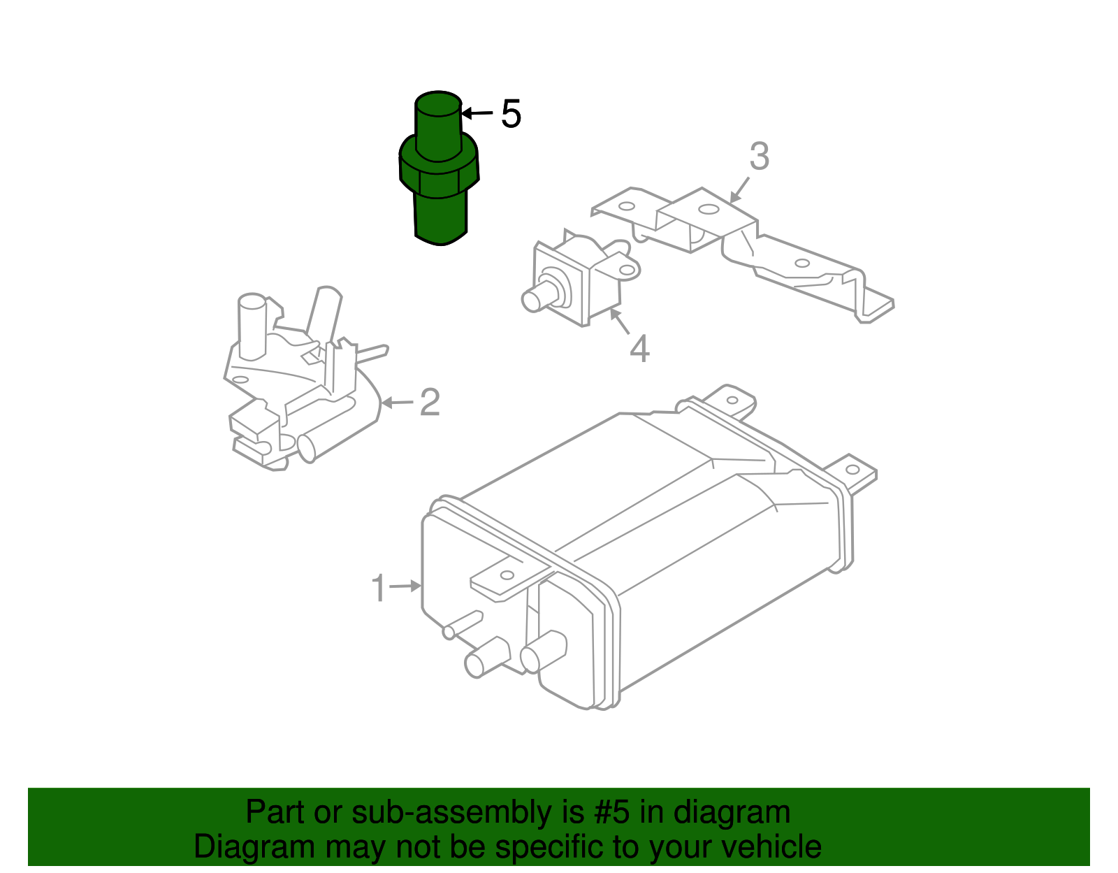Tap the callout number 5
point(511,113)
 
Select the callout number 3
point(759,157)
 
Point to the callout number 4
point(639,348)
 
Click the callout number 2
point(430,403)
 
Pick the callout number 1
point(378,589)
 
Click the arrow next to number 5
point(477,113)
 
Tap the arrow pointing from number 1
point(405,586)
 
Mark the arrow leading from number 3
point(739,189)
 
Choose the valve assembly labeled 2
point(300,391)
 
